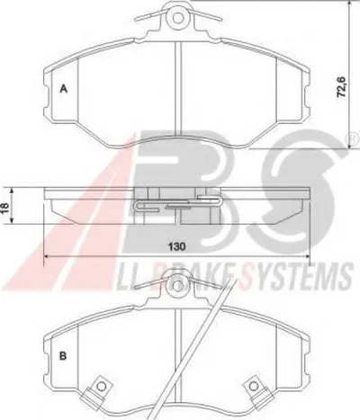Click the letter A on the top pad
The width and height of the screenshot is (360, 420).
63,89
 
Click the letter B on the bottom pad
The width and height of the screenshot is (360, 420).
63,356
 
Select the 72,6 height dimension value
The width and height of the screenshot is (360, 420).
342,87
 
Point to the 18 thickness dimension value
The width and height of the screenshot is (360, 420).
5,208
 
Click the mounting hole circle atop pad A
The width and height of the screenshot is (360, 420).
178,18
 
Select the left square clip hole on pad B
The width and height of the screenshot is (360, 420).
101,387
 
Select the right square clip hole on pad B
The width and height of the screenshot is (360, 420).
254,386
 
